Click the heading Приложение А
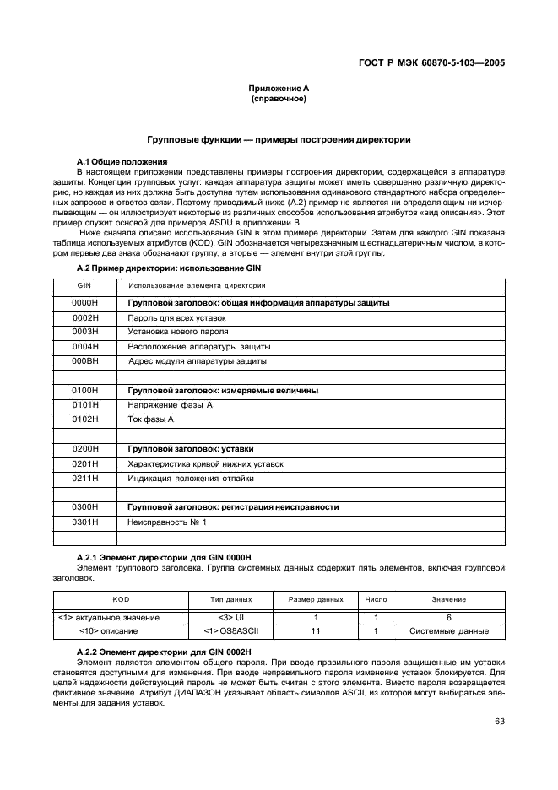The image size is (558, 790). pos(279,89)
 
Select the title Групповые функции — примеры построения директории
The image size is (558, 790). pos(279,140)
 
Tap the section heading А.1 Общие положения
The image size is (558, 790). pos(122,160)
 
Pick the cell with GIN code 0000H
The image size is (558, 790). pos(86,302)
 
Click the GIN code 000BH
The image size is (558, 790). pos(86,360)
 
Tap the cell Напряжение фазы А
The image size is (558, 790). pos(170,405)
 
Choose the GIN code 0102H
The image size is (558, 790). pos(86,419)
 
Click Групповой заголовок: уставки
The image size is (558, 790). pos(190,449)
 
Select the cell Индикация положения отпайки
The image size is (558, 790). pos(190,478)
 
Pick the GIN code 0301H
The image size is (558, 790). pos(86,522)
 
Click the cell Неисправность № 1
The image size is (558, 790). pos(166,522)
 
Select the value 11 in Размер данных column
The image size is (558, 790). pos(317,630)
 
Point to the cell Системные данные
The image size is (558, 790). pos(448,630)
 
